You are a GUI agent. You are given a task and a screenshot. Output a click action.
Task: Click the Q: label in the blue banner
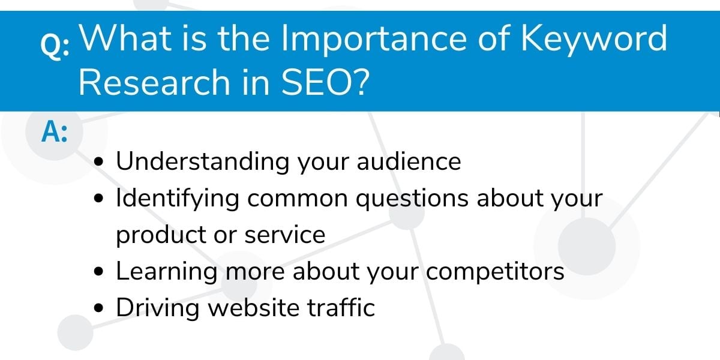pos(55,45)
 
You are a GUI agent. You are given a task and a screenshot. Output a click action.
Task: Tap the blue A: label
pos(55,131)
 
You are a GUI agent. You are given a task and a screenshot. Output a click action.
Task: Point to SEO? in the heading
pos(326,82)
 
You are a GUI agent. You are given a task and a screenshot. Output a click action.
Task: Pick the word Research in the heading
pos(154,82)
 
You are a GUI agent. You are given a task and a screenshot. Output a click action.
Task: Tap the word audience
pos(409,161)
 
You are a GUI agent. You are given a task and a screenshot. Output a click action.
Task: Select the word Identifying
pos(178,199)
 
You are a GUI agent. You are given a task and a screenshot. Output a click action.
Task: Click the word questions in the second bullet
pos(412,199)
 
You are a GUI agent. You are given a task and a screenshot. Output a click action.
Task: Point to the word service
pos(285,235)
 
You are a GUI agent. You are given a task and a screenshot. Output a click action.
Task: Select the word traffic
pos(341,307)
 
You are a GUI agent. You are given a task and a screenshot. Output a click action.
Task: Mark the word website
pos(254,307)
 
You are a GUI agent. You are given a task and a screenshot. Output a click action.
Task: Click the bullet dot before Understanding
pos(99,161)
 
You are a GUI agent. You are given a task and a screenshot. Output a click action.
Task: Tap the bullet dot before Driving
pos(99,308)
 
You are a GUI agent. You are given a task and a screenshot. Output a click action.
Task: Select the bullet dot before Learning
pos(99,271)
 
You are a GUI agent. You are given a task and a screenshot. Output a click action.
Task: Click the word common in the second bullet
pos(298,199)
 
